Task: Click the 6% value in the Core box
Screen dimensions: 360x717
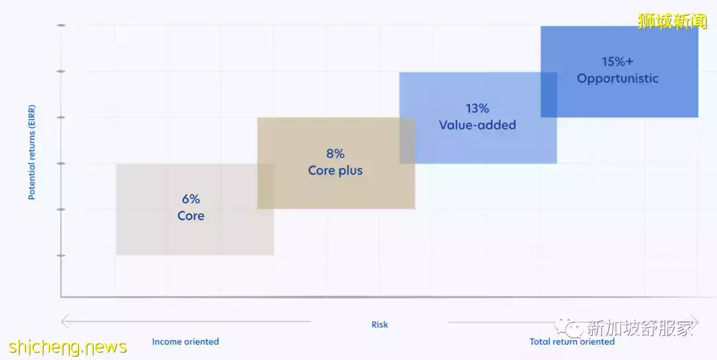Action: pos(191,199)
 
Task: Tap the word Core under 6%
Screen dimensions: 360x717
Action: pos(191,216)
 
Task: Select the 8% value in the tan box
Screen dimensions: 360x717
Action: pos(335,153)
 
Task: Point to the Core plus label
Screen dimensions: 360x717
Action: pos(335,171)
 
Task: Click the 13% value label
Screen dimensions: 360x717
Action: pos(477,108)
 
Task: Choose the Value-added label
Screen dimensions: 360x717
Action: pos(477,125)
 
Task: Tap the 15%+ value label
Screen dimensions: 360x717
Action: pos(617,61)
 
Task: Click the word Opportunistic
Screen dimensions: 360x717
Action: pos(617,78)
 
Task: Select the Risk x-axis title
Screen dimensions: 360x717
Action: pos(380,325)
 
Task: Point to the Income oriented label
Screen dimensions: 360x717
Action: pos(185,342)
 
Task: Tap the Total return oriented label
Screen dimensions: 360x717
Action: pos(572,342)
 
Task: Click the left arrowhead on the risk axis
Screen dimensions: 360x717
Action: pos(65,322)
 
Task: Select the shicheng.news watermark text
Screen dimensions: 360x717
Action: pos(68,347)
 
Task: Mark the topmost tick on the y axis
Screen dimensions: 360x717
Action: pos(61,25)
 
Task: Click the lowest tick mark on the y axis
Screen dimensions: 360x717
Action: pos(61,255)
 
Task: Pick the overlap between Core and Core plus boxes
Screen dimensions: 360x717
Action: pos(266,186)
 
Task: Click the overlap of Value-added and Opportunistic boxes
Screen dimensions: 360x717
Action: pos(548,94)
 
